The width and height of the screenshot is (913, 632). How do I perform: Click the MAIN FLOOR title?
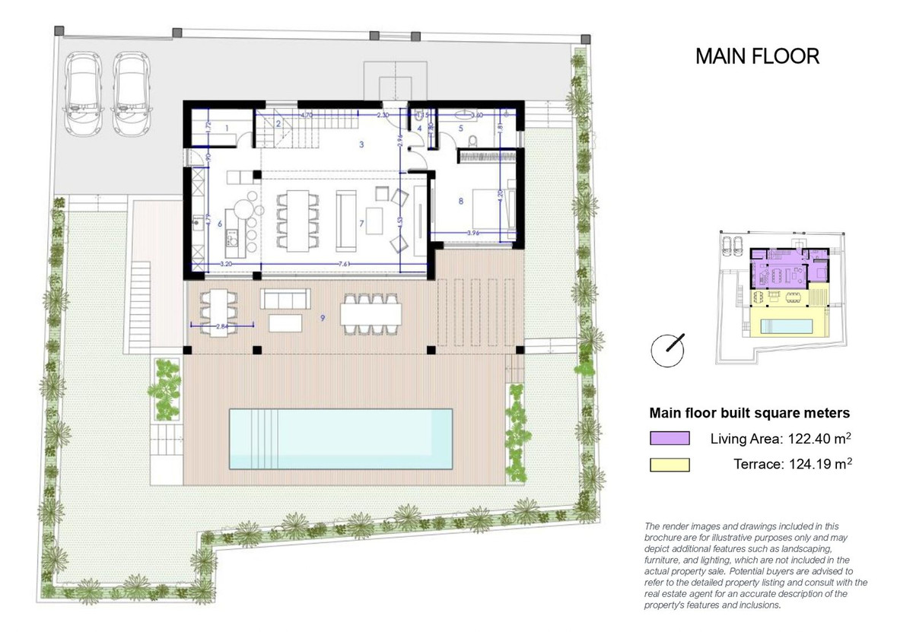757,56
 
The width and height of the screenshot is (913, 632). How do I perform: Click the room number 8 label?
460,202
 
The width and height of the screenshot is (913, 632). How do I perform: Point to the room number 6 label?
219,224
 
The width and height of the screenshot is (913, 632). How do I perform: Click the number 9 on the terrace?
323,318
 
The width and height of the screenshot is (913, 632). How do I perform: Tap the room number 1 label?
227,128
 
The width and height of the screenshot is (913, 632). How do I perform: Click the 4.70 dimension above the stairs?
307,115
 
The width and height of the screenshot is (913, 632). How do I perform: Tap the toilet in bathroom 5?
473,140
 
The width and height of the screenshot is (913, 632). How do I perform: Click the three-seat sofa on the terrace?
284,298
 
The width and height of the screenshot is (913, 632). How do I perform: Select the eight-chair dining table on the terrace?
371,313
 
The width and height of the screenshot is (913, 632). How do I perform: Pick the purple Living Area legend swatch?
670,438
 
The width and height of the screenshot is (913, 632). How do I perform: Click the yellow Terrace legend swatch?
670,465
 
